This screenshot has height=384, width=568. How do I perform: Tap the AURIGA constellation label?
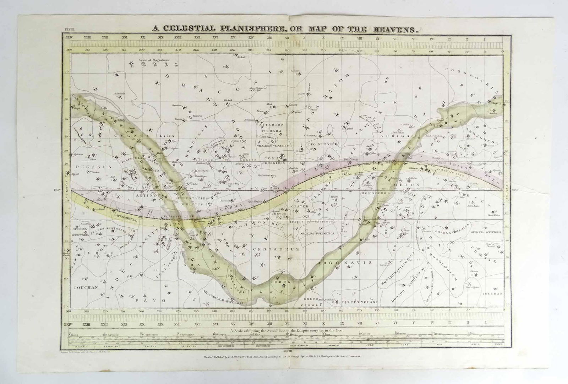390,136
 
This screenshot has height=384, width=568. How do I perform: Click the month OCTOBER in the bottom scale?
263,346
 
